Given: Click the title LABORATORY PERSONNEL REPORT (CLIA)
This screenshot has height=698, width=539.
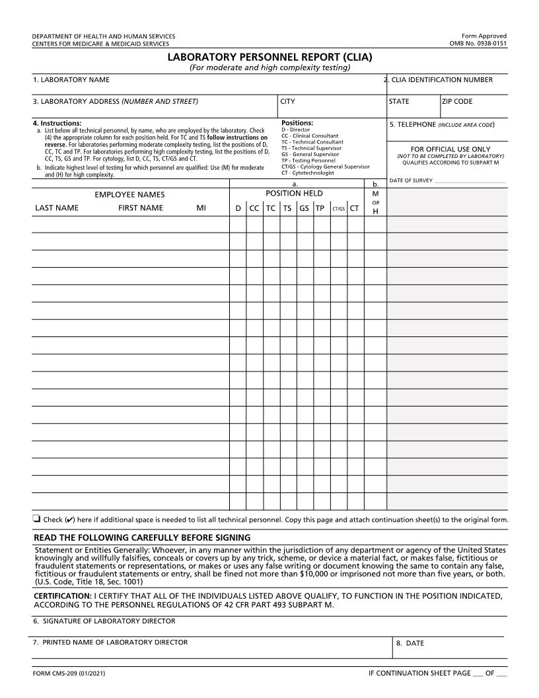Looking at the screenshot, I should click(269, 58).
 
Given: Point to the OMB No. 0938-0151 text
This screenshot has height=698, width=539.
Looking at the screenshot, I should click(478, 44).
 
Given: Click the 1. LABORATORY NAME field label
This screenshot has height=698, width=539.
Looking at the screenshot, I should click(71, 80).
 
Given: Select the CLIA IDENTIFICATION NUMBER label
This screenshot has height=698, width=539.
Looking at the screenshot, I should click(441, 80).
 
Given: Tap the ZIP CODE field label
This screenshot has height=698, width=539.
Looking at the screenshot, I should click(457, 102).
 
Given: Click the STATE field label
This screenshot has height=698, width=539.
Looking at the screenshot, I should click(399, 102).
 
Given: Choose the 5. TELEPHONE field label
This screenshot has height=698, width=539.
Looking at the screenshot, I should click(442, 124).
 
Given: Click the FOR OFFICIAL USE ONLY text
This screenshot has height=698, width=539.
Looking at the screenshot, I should click(450, 149).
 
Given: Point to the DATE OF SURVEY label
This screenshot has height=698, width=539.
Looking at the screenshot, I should click(411, 180).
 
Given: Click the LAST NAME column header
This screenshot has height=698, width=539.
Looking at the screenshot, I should click(57, 208).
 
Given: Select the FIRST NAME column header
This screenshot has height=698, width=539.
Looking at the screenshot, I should click(141, 208).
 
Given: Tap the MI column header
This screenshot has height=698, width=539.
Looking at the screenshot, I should click(201, 208).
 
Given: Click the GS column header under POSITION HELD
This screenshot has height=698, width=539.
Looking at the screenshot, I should click(304, 208).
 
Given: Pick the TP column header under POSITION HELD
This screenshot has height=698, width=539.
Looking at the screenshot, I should click(320, 208).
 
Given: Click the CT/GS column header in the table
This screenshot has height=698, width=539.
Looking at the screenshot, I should click(338, 209).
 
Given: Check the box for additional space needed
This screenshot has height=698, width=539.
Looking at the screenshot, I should click(36, 519).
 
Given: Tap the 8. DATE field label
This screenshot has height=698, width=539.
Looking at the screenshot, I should click(410, 643).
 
